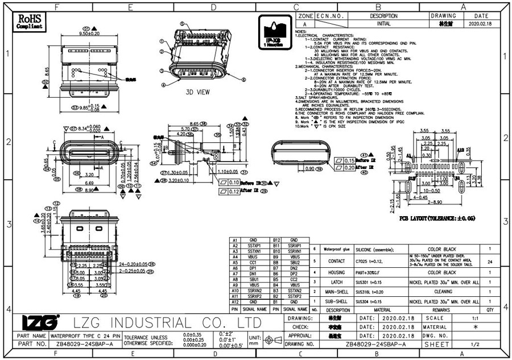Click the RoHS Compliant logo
click(x=30, y=21)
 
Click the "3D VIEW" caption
click(x=199, y=92)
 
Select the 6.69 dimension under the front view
click(x=89, y=184)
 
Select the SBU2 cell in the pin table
click(x=294, y=263)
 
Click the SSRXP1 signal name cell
click(x=294, y=246)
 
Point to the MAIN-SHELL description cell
click(x=332, y=291)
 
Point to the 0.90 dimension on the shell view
click(x=310, y=169)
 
